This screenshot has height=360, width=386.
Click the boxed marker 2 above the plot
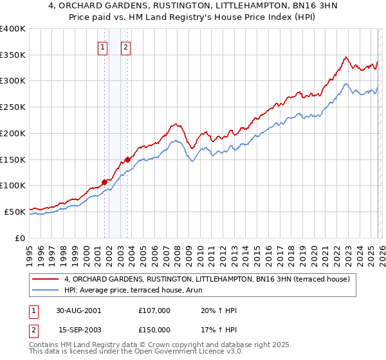(125, 46)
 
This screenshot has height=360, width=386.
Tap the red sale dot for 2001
(104, 182)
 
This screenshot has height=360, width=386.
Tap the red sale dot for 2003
(128, 159)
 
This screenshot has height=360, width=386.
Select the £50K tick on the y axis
(15, 212)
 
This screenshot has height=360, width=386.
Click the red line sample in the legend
(45, 279)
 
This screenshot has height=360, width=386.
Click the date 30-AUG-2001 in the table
(78, 310)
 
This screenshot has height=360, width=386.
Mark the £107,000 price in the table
(154, 310)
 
